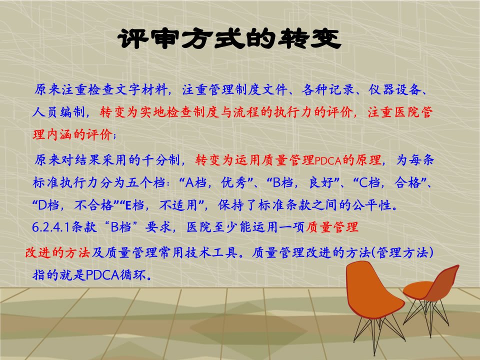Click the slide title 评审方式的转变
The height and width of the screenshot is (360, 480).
pyautogui.click(x=229, y=39)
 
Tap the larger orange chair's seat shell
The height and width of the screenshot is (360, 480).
pyautogui.click(x=373, y=291)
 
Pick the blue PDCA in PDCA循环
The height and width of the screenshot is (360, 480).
pyautogui.click(x=102, y=275)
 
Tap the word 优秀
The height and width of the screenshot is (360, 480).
pyautogui.click(x=233, y=183)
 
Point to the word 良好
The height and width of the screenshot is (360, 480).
pyautogui.click(x=321, y=183)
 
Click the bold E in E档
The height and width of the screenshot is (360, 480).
pyautogui.click(x=128, y=205)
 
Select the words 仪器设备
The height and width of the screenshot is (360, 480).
pyautogui.click(x=395, y=89)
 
